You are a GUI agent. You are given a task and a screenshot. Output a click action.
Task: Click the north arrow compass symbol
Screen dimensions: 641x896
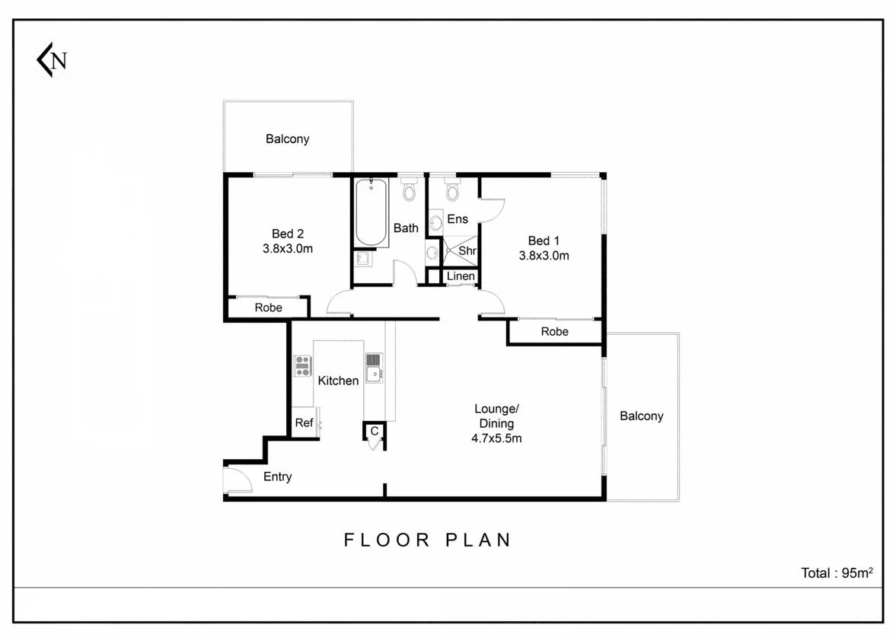51,60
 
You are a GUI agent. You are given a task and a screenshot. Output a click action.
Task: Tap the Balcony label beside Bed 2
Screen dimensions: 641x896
287,139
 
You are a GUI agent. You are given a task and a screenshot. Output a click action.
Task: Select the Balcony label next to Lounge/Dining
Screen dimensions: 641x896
641,416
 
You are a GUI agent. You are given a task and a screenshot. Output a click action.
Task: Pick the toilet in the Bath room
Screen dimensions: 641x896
409,190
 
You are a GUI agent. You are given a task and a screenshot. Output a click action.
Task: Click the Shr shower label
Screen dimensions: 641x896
467,250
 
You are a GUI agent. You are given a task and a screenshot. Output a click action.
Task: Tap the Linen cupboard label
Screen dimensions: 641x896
461,276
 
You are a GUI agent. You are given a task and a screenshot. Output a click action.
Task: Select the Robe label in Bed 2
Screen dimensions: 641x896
268,308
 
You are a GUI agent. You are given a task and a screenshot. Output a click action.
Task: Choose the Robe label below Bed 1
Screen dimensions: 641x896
554,332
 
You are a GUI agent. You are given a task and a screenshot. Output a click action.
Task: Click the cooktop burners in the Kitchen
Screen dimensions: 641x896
303,366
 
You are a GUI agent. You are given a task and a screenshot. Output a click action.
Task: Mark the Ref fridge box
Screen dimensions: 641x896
304,423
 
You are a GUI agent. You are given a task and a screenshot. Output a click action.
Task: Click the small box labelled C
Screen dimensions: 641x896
374,432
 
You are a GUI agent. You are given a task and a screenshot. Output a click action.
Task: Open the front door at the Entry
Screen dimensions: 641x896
236,480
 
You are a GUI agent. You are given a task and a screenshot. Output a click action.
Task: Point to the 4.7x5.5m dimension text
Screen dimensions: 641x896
496,438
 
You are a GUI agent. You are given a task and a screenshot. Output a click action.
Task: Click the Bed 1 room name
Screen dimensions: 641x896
544,241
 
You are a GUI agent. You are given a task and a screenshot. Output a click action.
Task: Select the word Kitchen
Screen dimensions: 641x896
338,381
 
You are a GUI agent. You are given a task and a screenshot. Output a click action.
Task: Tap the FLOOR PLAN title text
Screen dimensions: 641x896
428,540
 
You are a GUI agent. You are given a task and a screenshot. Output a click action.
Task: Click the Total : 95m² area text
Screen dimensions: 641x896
836,573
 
